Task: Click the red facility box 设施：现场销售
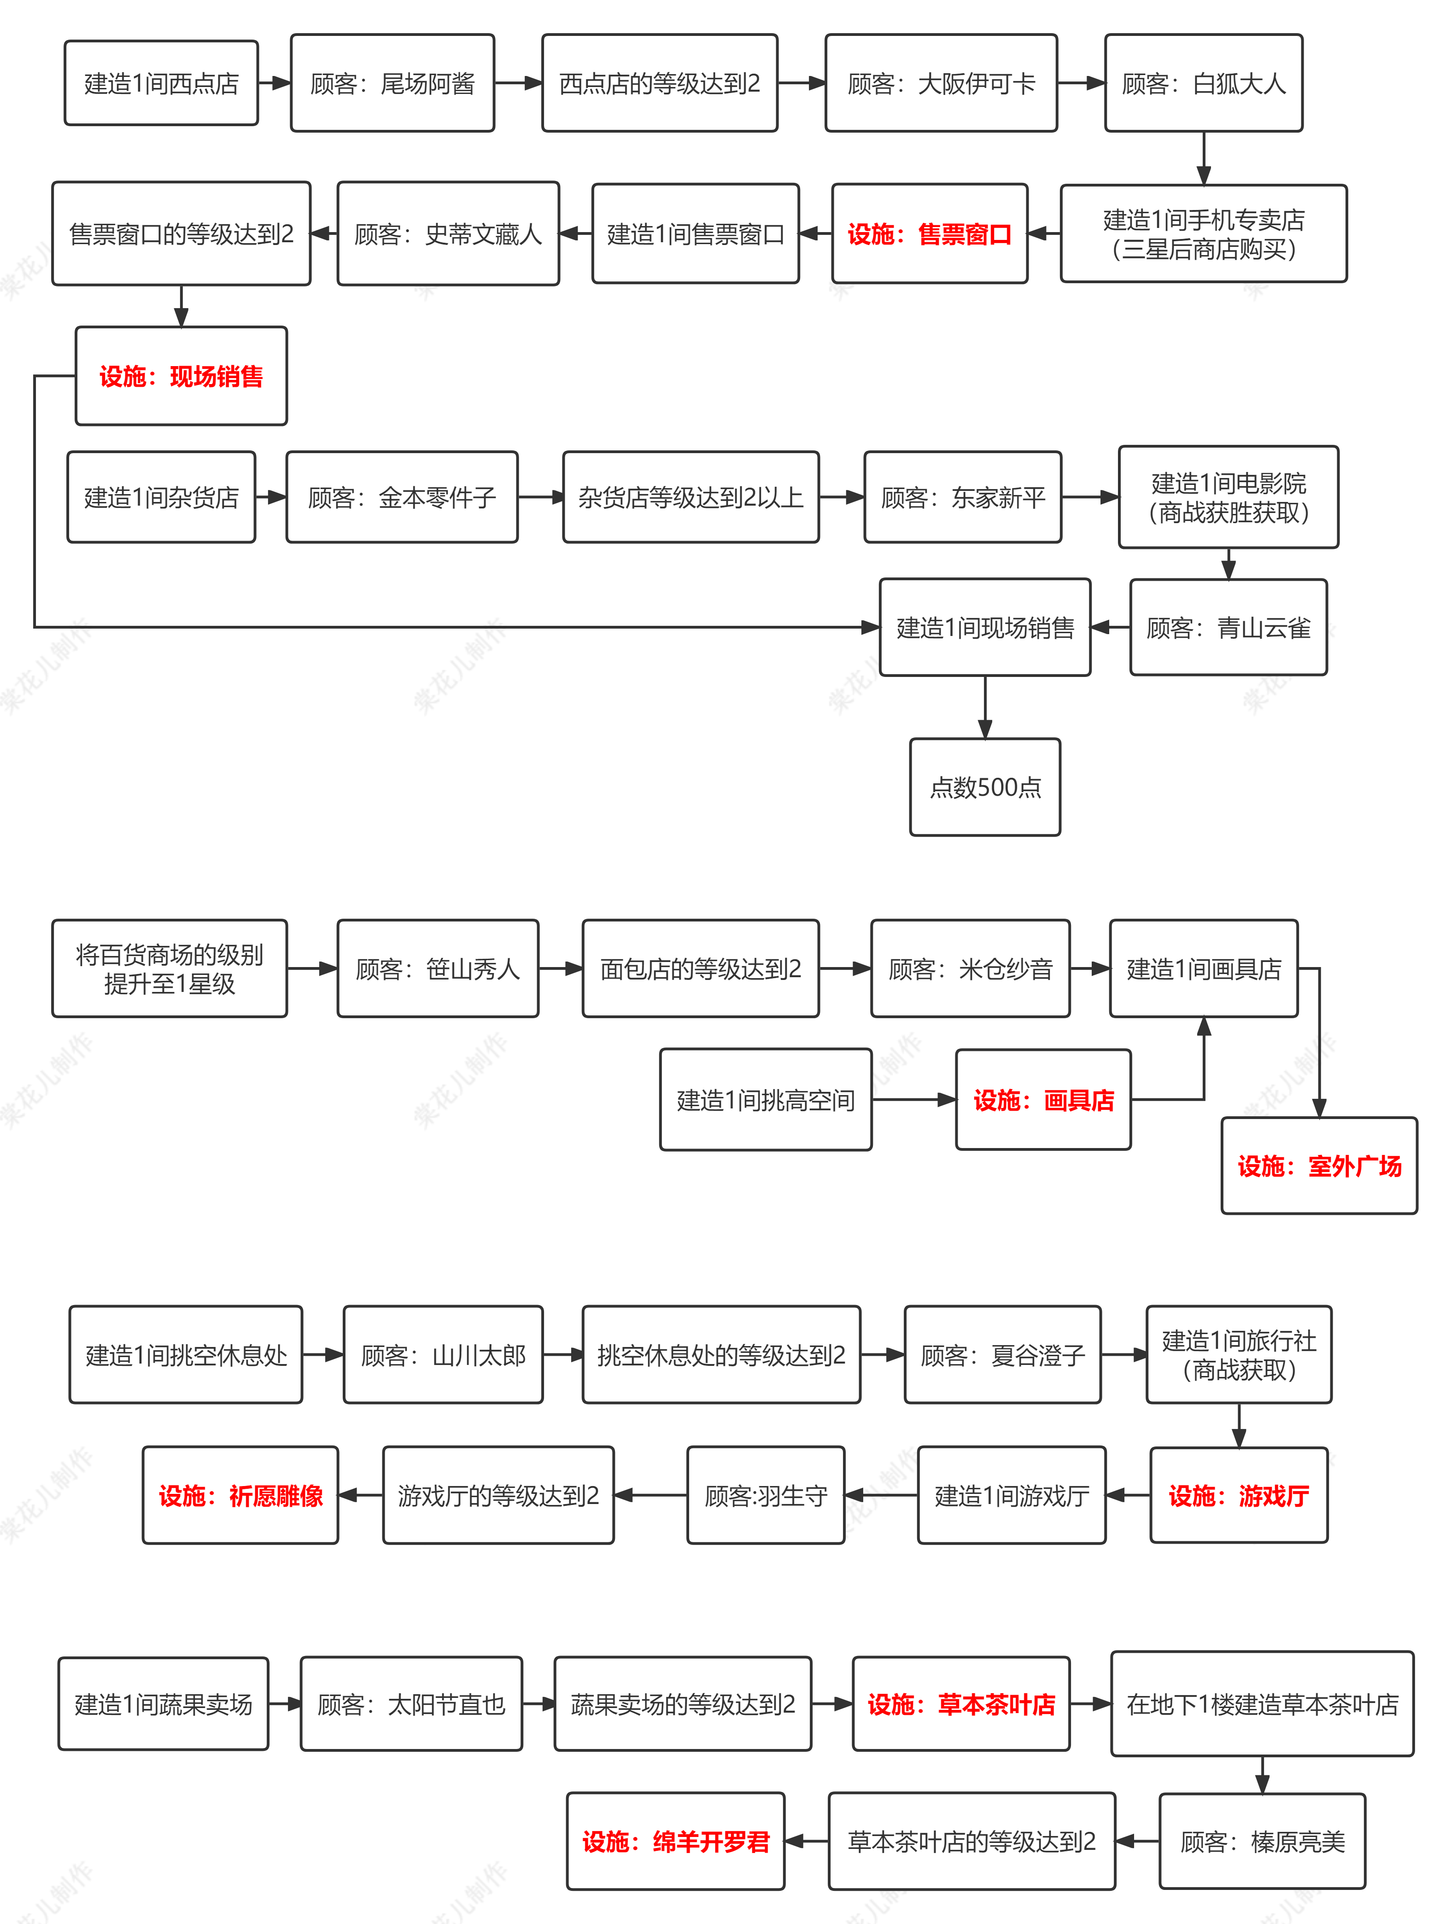coord(181,376)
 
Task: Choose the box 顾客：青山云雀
coord(1229,627)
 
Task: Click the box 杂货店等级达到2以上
coord(690,496)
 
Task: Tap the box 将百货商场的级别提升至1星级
coord(170,968)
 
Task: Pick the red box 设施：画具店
coord(1043,1099)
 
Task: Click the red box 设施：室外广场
coord(1319,1166)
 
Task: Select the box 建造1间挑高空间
coord(766,1099)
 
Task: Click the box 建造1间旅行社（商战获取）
coord(1239,1354)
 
